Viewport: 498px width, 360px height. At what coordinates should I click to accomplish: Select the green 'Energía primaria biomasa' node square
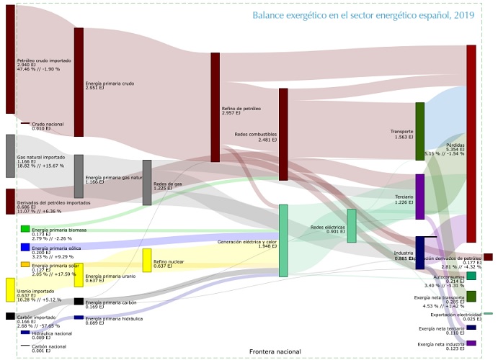[x=25, y=229]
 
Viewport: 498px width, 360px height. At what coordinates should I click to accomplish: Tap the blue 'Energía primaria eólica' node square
[x=25, y=247]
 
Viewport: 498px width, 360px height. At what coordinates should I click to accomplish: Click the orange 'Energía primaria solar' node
[x=25, y=264]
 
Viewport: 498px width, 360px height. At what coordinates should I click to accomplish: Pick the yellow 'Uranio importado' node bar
[x=10, y=289]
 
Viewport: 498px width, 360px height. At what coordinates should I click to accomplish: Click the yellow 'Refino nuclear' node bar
[x=147, y=260]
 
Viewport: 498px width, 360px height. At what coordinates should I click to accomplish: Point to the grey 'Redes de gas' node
[x=147, y=183]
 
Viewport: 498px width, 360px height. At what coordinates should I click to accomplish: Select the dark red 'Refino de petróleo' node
[x=215, y=107]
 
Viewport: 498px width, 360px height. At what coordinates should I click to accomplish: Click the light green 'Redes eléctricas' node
[x=352, y=225]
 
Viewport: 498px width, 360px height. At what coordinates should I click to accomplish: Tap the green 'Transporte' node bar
[x=419, y=131]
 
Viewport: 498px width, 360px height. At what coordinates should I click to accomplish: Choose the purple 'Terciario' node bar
[x=419, y=197]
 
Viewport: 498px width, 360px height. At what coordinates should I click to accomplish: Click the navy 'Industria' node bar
[x=419, y=253]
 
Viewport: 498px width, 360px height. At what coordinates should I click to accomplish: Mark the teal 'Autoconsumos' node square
[x=471, y=276]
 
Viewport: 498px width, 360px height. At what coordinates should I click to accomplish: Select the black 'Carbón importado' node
[x=10, y=316]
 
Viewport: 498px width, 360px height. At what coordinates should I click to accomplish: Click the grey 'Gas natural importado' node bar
[x=10, y=156]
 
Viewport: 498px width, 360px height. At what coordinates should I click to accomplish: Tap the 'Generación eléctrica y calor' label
[x=247, y=243]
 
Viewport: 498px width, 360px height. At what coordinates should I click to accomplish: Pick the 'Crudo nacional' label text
[x=48, y=124]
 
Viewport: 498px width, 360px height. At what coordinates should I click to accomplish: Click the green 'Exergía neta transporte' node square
[x=471, y=296]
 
